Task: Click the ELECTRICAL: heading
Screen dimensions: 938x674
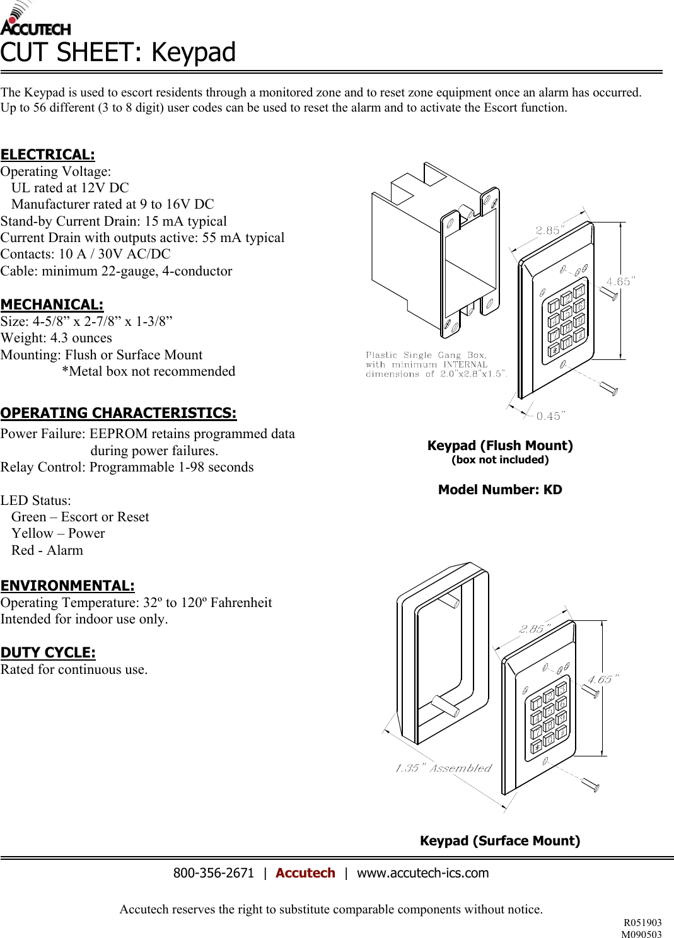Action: pos(48,154)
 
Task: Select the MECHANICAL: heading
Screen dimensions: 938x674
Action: pos(52,304)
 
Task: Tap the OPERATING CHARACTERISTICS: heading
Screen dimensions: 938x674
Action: pos(119,413)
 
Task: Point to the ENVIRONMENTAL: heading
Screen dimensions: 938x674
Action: pos(67,586)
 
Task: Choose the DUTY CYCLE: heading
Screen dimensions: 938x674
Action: pos(48,652)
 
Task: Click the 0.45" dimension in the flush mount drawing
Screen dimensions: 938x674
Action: pos(550,416)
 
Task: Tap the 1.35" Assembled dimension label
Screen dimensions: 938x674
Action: pos(443,768)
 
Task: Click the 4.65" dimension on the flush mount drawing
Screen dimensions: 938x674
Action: pos(620,282)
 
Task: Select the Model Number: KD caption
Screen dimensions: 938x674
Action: pos(500,490)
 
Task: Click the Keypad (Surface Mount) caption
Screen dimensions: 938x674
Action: pos(500,841)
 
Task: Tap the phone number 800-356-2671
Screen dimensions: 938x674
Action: pos(213,873)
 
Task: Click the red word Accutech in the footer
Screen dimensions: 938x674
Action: pos(305,873)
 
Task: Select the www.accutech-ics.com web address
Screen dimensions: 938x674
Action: pos(422,873)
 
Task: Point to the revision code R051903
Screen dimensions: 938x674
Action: pos(642,923)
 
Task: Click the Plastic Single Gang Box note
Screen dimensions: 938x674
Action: pos(435,364)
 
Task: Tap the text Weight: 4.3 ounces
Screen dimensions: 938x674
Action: pos(56,338)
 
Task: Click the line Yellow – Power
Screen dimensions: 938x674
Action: pos(58,533)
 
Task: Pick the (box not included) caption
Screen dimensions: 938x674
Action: pos(500,460)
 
